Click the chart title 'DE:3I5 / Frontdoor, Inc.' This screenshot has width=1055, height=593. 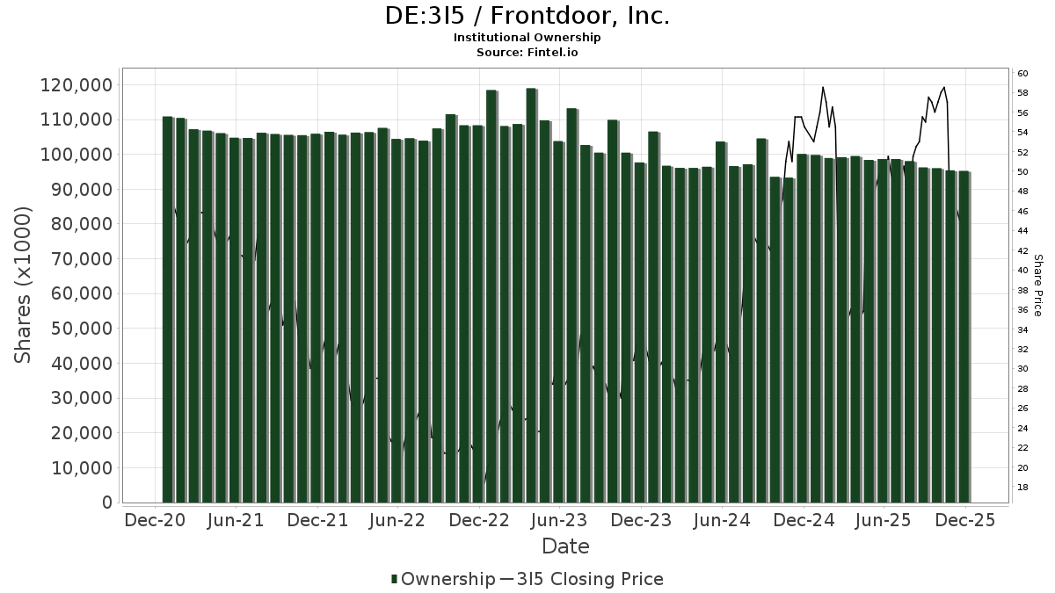(527, 16)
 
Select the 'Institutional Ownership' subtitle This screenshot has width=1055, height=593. (527, 38)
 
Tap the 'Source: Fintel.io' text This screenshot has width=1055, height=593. (527, 53)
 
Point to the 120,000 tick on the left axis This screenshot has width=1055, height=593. (76, 85)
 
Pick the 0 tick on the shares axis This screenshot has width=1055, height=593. (107, 503)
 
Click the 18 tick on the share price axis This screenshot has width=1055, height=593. (1023, 488)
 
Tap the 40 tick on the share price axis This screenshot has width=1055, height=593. (1023, 271)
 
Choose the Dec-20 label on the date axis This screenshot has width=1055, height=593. (156, 520)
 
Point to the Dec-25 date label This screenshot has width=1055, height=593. (964, 520)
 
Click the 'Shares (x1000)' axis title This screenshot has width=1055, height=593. (24, 285)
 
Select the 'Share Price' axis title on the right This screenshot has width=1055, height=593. (1037, 285)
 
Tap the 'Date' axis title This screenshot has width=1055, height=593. (565, 546)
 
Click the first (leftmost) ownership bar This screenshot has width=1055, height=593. (167, 309)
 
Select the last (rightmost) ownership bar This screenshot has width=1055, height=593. (964, 336)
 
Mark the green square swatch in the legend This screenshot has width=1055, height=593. (395, 579)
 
